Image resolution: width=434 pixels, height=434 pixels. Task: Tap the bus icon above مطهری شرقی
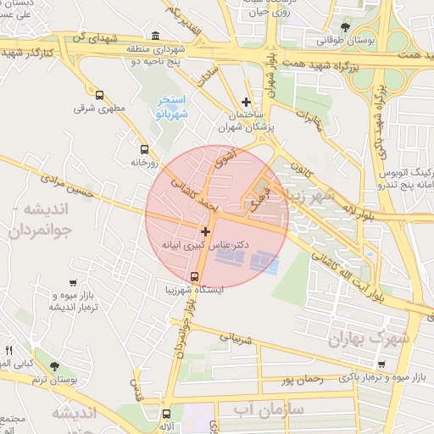click(100, 95)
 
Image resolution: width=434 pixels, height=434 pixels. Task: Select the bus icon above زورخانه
click(144, 147)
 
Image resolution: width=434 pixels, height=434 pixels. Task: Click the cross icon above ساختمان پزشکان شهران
click(247, 102)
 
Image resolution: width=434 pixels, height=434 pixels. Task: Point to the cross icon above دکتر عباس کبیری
click(205, 231)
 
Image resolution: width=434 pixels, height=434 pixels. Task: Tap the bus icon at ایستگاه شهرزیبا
click(196, 276)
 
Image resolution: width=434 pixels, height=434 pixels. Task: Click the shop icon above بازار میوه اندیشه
click(74, 283)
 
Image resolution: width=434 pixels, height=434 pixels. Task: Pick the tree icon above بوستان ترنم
click(55, 367)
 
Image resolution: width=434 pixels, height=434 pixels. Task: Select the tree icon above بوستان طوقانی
click(344, 27)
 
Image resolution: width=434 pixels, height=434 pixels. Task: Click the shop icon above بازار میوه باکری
click(381, 364)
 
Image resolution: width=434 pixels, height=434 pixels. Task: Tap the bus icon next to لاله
click(165, 415)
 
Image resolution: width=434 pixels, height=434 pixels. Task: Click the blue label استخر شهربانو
click(173, 106)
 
